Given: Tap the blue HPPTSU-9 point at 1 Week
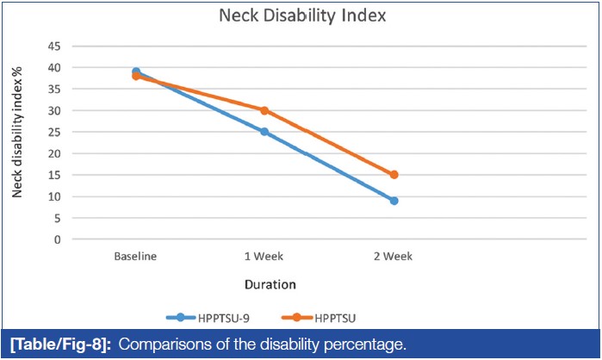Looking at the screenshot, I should (x=264, y=132).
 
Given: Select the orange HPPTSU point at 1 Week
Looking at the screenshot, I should (x=264, y=110).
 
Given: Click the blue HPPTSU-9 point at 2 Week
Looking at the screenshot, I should (x=394, y=201).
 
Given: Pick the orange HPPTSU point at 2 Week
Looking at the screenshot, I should (x=394, y=175).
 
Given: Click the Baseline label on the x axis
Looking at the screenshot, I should (x=135, y=257).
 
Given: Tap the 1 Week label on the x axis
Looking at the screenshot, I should (x=264, y=257).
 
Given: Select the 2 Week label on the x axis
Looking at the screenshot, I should (x=394, y=257).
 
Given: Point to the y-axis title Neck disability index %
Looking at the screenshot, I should (x=16, y=142).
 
